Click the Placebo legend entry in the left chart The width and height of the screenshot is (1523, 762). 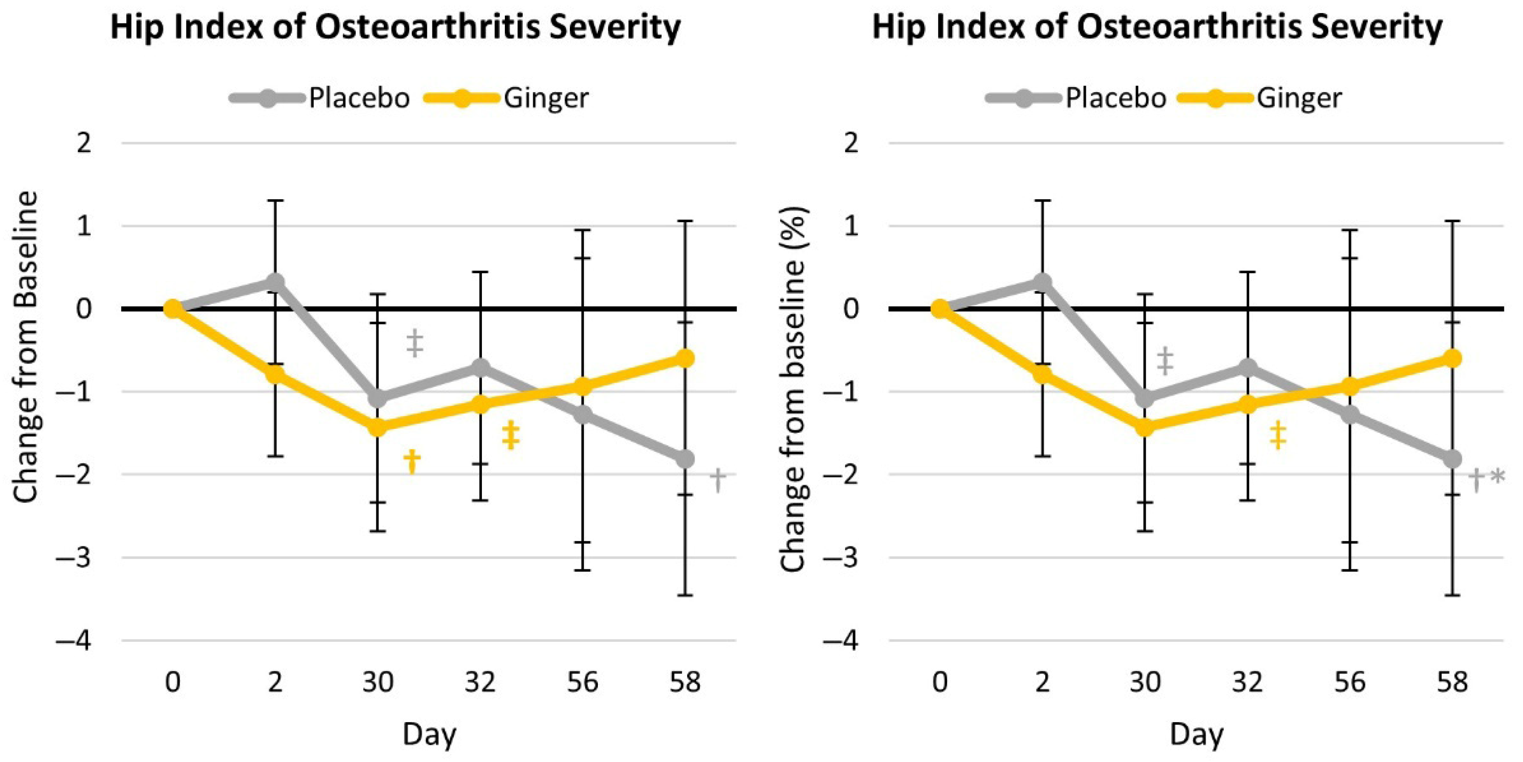pyautogui.click(x=320, y=98)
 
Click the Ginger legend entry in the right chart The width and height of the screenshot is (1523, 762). pyautogui.click(x=1259, y=98)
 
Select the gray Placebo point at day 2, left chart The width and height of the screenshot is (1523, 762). pyautogui.click(x=275, y=282)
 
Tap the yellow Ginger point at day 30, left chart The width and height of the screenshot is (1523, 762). pyautogui.click(x=377, y=427)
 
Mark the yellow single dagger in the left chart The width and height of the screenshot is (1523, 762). pyautogui.click(x=411, y=462)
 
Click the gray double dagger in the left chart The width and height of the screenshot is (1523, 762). pyautogui.click(x=415, y=344)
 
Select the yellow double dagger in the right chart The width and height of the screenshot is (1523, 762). pyautogui.click(x=1278, y=435)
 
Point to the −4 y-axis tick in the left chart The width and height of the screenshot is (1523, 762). pyautogui.click(x=73, y=641)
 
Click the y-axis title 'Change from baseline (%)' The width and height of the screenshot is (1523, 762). pyautogui.click(x=793, y=389)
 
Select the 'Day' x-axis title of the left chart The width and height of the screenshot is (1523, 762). pyautogui.click(x=429, y=735)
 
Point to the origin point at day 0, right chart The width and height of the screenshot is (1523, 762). pyautogui.click(x=940, y=308)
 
